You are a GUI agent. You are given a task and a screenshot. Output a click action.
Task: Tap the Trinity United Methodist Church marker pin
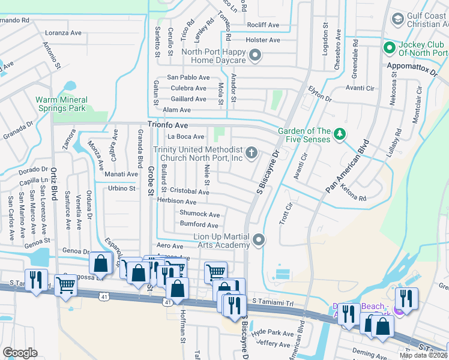252,152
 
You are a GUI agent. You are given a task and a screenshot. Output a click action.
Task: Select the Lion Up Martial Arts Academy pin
259,240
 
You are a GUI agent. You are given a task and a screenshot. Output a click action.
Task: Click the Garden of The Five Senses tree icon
340,134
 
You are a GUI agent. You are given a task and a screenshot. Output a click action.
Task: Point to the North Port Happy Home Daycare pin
255,56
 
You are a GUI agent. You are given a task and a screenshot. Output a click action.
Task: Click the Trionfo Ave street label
168,125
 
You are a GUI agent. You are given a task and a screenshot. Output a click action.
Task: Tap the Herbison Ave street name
177,202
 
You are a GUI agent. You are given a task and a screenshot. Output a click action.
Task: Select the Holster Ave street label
263,40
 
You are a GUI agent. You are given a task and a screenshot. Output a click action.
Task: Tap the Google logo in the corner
20,353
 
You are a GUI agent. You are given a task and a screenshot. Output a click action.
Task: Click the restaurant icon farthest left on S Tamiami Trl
38,281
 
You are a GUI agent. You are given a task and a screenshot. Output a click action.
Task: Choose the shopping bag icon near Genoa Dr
101,263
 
